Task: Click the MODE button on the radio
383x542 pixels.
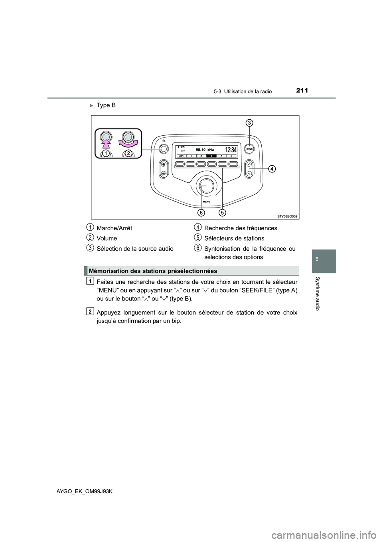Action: (250, 148)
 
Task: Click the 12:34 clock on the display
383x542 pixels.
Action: (231, 150)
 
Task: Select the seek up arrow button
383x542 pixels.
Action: (249, 164)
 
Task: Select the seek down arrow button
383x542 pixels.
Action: (249, 173)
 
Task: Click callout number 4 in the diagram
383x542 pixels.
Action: (271, 169)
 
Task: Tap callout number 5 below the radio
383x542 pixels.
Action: (222, 212)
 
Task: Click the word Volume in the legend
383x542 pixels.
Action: (107, 238)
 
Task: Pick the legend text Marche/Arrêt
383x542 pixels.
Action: (114, 228)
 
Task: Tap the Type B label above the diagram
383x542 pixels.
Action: (106, 105)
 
